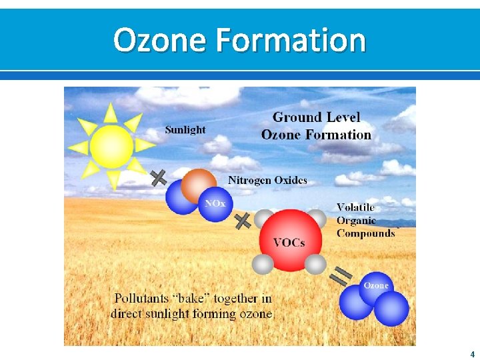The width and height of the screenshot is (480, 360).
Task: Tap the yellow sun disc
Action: coord(111,147)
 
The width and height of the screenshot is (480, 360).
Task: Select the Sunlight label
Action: coord(185,129)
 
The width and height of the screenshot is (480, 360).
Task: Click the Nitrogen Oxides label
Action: coord(267,180)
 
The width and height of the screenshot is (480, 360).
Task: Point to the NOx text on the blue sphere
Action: coord(215,203)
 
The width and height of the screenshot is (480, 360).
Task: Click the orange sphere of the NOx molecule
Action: coord(199,185)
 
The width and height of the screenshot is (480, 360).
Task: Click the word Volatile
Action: coord(355,207)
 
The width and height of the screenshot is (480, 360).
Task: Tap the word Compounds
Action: coord(366,233)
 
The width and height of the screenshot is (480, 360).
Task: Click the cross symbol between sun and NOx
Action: coord(159,177)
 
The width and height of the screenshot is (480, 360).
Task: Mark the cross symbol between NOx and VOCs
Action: coord(243,221)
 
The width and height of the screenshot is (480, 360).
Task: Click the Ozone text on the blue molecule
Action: coord(375,285)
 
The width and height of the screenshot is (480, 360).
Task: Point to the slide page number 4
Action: coord(472,354)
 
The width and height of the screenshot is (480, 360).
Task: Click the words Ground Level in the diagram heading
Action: coord(316,117)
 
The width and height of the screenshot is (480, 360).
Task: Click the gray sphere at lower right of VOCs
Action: coord(316,265)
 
